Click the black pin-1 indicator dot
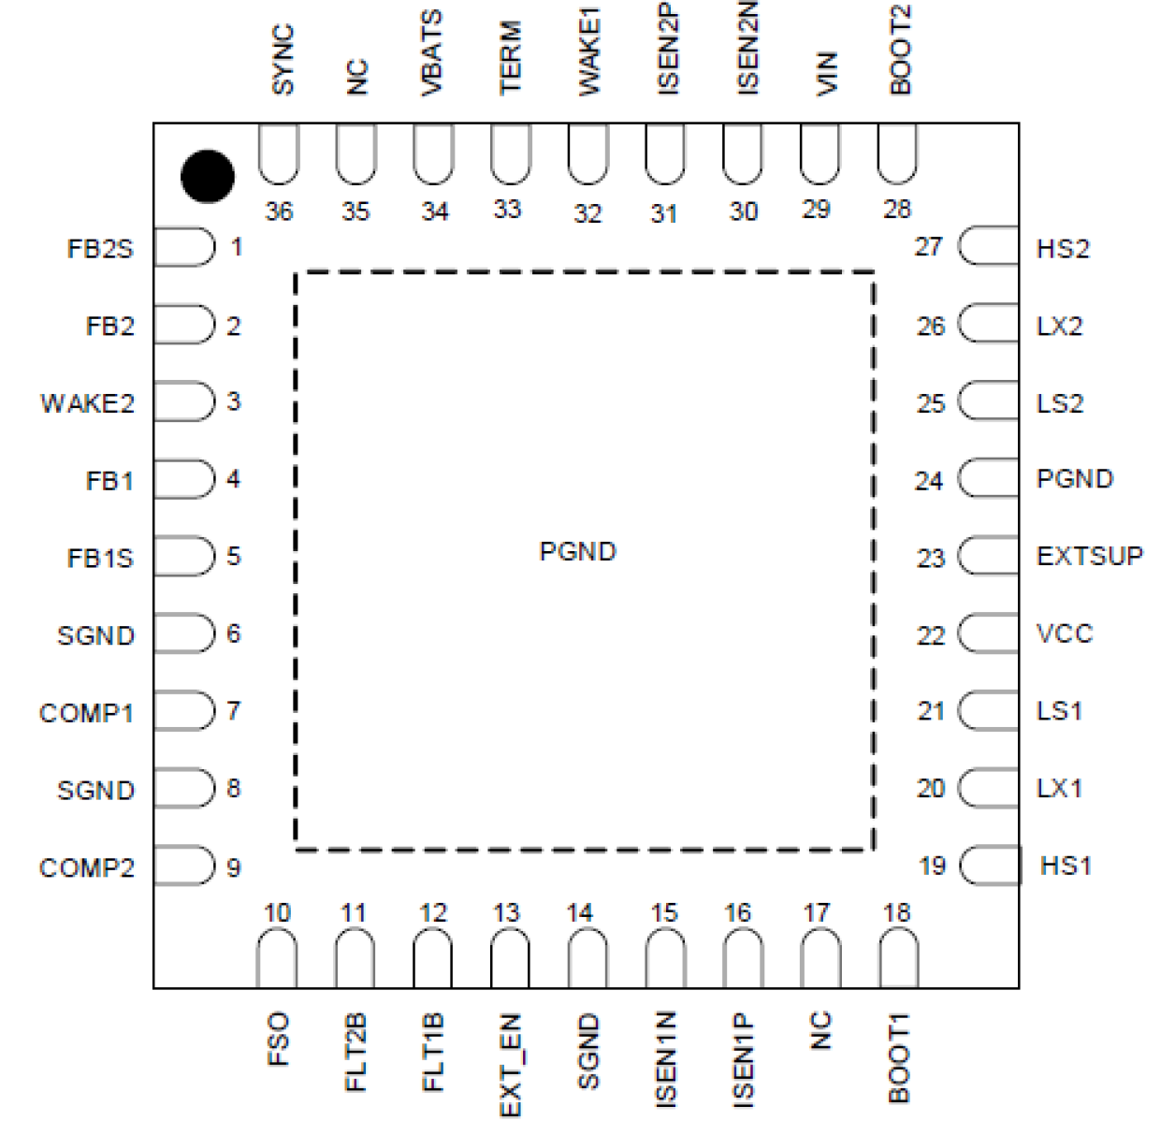click(207, 176)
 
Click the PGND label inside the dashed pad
click(577, 552)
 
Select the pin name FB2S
click(100, 249)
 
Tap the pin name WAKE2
click(87, 403)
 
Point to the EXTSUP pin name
click(1089, 556)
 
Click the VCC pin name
click(1064, 633)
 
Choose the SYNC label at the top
click(282, 60)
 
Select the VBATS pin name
click(431, 53)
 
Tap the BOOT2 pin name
click(899, 50)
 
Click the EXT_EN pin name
click(510, 1065)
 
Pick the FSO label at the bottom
click(279, 1039)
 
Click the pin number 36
click(279, 211)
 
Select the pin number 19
click(932, 866)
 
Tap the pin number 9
click(233, 867)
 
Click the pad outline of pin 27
click(988, 246)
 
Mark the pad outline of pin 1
click(184, 247)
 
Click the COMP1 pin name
click(86, 713)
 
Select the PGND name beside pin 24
click(1074, 479)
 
